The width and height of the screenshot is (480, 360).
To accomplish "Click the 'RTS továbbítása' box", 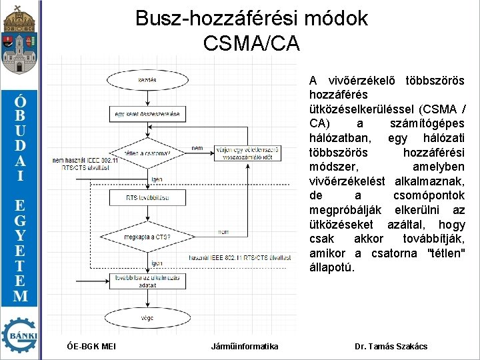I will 147,198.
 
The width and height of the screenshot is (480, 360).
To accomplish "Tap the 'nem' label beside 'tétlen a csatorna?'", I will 197,148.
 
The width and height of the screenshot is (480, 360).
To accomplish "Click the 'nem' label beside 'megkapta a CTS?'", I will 223,231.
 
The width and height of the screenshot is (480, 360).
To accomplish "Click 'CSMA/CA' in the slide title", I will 251,43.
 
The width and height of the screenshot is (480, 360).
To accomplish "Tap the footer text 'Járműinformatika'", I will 245,346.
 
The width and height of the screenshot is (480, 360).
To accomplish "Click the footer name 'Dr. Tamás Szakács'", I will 391,346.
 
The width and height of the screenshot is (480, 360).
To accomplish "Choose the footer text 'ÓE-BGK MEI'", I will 92,346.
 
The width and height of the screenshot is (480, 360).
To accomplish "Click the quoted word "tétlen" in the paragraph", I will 445,253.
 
